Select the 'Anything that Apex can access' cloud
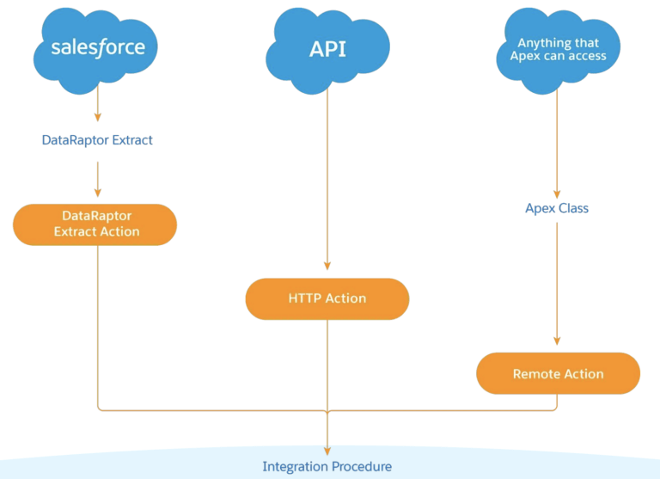coord(558,49)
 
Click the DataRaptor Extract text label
coord(97,139)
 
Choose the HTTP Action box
coord(327,298)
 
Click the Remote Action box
coord(558,374)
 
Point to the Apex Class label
coord(557,208)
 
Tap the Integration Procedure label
coord(327,466)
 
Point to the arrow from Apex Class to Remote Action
coord(557,284)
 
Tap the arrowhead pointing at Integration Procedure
coord(327,450)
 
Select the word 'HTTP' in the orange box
coord(306,298)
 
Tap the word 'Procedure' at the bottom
coord(360,466)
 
